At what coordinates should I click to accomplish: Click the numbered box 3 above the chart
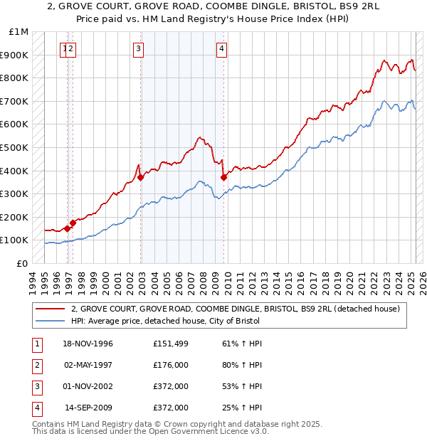[138, 49]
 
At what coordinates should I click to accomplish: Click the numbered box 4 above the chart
[222, 49]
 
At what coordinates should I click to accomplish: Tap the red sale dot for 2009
[223, 177]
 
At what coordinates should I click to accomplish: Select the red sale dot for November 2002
[141, 177]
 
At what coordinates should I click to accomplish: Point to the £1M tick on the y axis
[19, 32]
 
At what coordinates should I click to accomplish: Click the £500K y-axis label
[15, 148]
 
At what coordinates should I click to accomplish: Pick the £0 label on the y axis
[23, 263]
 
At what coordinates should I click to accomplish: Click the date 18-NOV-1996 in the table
[88, 344]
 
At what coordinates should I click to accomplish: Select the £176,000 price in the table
[170, 365]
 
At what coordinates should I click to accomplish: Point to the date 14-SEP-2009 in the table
[89, 408]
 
